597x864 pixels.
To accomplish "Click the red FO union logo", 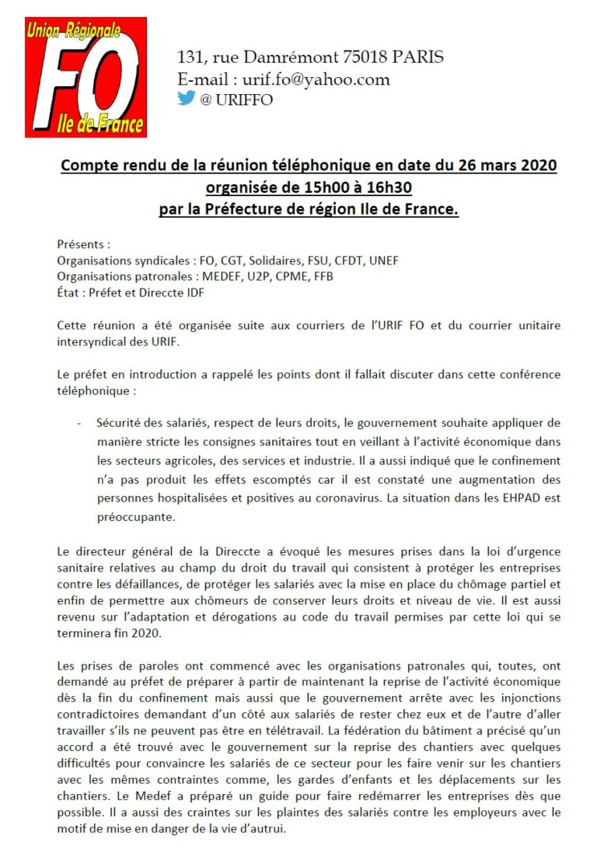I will click(x=86, y=78).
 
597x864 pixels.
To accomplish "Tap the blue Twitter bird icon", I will click(x=186, y=99).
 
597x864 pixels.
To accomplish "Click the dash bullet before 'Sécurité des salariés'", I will click(x=79, y=424).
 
